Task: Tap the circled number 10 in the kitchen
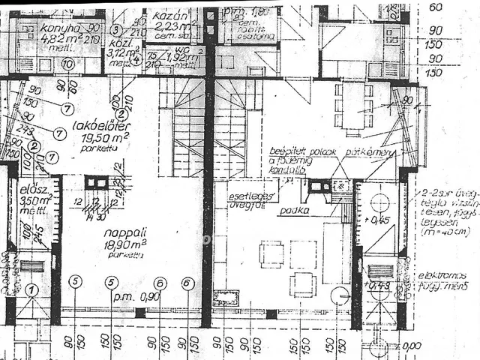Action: click(67, 64)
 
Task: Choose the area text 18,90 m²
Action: click(125, 244)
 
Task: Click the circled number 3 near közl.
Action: click(115, 30)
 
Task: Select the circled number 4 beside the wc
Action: click(136, 60)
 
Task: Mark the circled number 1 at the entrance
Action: click(31, 289)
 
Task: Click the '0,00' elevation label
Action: click(412, 346)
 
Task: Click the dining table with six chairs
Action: click(353, 105)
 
